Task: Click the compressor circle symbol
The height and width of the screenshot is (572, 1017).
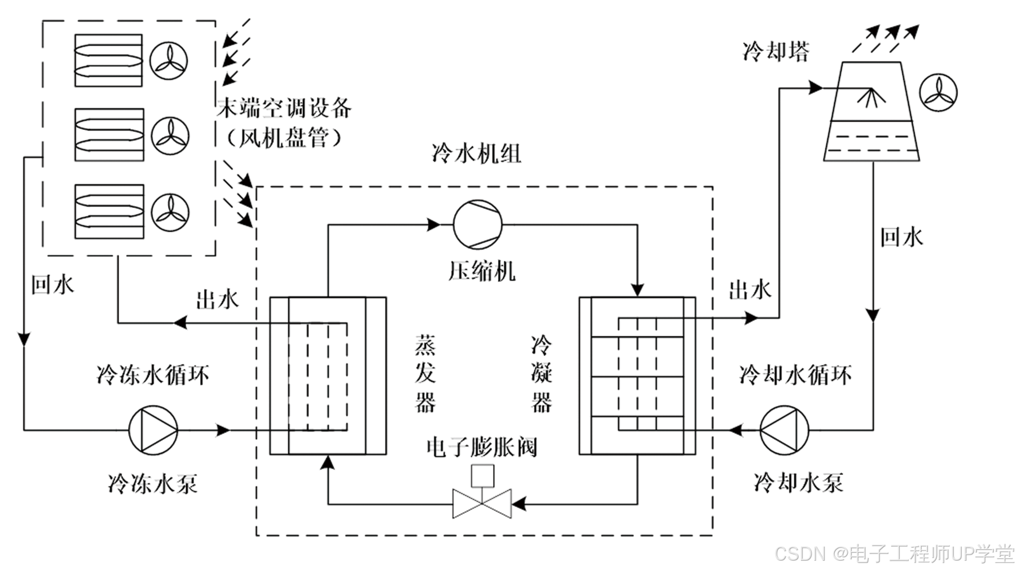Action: (478, 224)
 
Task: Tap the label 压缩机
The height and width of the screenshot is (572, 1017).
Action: (482, 270)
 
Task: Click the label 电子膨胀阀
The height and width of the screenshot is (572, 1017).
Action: (481, 447)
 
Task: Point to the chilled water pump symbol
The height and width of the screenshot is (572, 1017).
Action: (153, 430)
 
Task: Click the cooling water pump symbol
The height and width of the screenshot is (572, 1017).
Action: (784, 430)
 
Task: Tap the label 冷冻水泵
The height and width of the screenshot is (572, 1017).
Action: (153, 483)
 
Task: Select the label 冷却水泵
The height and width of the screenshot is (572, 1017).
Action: (798, 482)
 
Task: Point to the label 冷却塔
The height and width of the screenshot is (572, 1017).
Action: (776, 51)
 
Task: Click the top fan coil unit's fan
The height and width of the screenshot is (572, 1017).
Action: (169, 60)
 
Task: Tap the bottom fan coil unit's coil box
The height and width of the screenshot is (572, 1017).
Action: (109, 212)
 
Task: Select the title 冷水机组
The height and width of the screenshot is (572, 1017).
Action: (477, 153)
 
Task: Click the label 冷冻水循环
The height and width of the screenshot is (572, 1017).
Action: (153, 374)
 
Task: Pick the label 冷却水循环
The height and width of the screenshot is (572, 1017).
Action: (795, 374)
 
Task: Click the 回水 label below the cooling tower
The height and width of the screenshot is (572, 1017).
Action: (901, 237)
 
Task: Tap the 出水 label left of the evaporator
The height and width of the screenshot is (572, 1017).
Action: (217, 299)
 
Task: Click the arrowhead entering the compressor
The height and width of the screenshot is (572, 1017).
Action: (434, 225)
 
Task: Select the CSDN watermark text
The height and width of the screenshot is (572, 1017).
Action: (895, 554)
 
